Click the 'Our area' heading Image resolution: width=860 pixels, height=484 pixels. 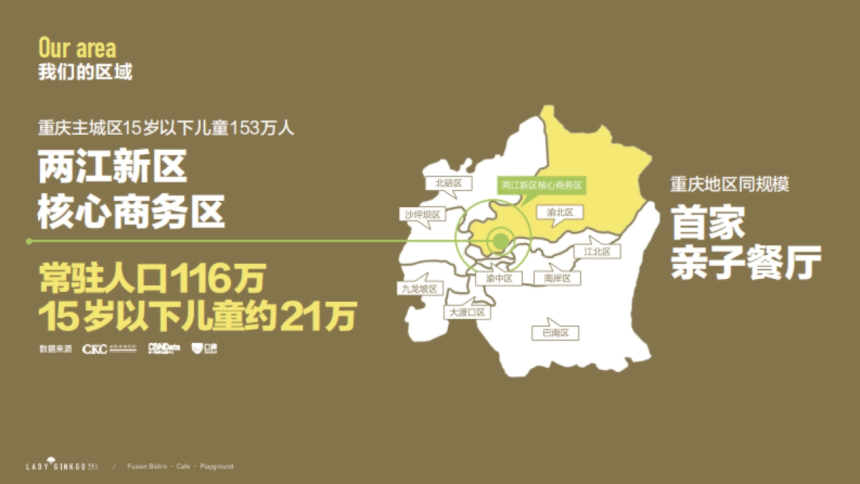pyautogui.click(x=77, y=48)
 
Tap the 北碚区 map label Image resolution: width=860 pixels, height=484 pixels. pyautogui.click(x=449, y=183)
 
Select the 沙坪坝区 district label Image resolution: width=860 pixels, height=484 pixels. pyautogui.click(x=421, y=214)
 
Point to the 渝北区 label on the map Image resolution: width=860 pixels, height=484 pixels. pyautogui.click(x=560, y=212)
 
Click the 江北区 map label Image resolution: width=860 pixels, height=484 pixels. pyautogui.click(x=597, y=252)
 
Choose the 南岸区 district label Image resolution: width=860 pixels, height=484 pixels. pyautogui.click(x=557, y=278)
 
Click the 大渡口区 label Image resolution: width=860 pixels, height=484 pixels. pyautogui.click(x=467, y=313)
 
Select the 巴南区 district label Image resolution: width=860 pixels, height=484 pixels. pyautogui.click(x=555, y=333)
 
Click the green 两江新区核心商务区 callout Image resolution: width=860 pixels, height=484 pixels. pyautogui.click(x=542, y=185)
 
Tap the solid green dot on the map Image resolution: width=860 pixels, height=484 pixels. pyautogui.click(x=500, y=241)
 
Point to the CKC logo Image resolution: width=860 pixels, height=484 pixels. pyautogui.click(x=95, y=349)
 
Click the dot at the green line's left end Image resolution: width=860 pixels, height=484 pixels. pyautogui.click(x=29, y=242)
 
